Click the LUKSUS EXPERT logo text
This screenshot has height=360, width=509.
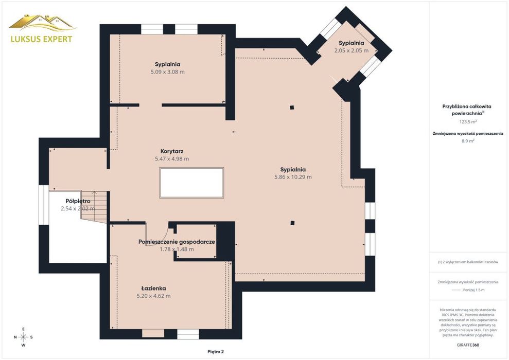[x=42, y=39]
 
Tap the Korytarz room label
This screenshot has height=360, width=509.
[x=172, y=151]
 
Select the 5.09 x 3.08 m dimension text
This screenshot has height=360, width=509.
[x=167, y=72]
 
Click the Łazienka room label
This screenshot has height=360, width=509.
[x=153, y=289]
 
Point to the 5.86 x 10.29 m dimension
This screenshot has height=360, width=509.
[x=293, y=177]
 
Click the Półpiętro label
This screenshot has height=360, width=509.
[x=78, y=201]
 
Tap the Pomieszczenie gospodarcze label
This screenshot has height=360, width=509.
[x=177, y=242]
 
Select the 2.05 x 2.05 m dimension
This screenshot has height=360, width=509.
[x=351, y=50]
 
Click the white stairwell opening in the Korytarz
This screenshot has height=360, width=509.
[x=191, y=183]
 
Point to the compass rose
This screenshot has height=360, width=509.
[x=23, y=337]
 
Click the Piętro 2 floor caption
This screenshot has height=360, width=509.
[x=216, y=352]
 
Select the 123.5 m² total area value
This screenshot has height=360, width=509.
[x=468, y=122]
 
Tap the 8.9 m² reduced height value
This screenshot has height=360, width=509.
[x=468, y=141]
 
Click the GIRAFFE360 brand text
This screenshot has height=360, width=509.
[x=468, y=345]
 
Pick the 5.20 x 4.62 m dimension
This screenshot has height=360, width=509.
[x=153, y=296]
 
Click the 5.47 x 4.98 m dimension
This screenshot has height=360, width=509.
[x=172, y=159]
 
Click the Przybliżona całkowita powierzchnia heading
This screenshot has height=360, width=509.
[x=467, y=110]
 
